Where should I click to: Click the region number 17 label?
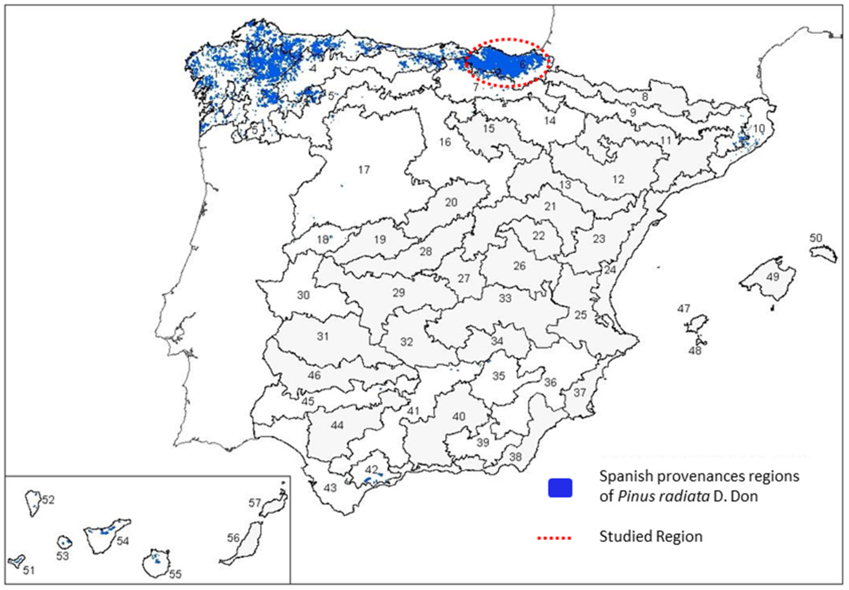click(364, 170)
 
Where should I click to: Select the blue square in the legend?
click(560, 487)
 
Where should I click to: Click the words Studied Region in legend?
click(651, 537)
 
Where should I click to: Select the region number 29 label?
click(398, 293)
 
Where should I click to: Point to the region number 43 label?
click(330, 488)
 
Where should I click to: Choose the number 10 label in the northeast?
click(758, 129)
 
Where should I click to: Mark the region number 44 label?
click(336, 425)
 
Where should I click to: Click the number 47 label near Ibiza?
click(684, 308)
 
